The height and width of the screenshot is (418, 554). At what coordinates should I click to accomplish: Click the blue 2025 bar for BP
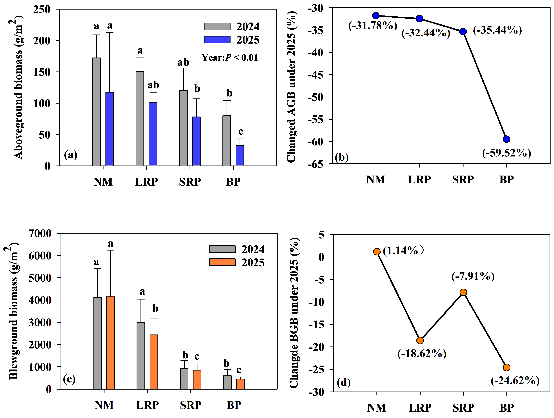240,156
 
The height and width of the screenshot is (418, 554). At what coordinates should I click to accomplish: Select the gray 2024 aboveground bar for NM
96,112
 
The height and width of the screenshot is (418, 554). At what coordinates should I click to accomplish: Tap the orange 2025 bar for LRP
154,362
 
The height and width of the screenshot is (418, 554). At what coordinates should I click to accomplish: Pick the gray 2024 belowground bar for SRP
184,379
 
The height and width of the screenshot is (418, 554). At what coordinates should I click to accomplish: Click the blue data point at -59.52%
506,139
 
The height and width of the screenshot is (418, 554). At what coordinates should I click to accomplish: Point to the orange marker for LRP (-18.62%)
420,340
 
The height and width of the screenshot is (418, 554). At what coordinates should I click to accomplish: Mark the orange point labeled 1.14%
377,252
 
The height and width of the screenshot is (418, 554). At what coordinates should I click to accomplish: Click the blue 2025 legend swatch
217,39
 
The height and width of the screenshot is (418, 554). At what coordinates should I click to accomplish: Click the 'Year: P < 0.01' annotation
230,58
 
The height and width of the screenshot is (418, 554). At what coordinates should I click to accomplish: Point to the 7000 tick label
40,233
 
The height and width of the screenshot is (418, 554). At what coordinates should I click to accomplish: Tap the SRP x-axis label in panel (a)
190,182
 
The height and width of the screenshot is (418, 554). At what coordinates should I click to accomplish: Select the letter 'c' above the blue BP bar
240,131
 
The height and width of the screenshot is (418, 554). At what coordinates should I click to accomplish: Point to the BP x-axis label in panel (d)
506,408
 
